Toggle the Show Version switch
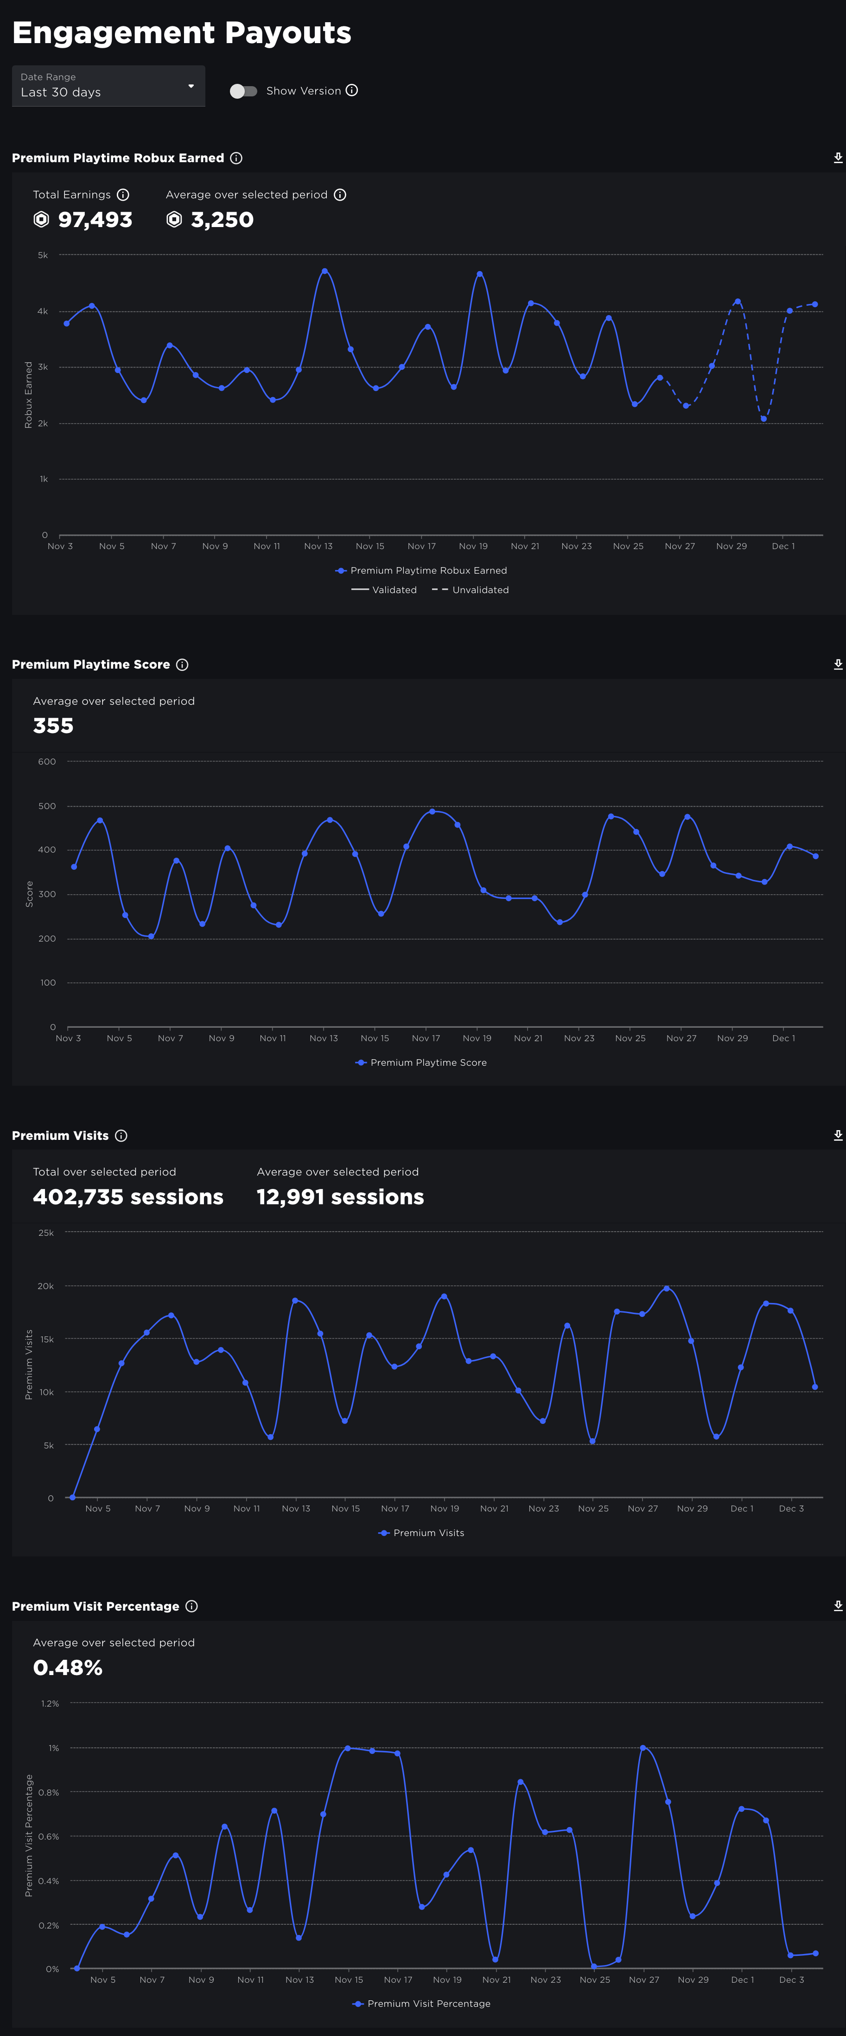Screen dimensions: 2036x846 pyautogui.click(x=243, y=91)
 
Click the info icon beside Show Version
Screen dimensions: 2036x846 pyautogui.click(x=352, y=90)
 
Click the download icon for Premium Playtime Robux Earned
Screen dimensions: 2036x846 pyautogui.click(x=837, y=158)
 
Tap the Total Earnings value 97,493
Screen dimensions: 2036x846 pyautogui.click(x=95, y=220)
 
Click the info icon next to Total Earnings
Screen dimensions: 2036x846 pyautogui.click(x=122, y=195)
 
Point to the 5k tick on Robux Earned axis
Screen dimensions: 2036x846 pyautogui.click(x=43, y=255)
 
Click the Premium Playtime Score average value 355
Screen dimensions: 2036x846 pyautogui.click(x=53, y=726)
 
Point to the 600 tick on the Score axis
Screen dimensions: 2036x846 pyautogui.click(x=47, y=762)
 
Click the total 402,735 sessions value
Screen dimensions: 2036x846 pyautogui.click(x=128, y=1196)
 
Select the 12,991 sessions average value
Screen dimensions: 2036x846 pyautogui.click(x=340, y=1196)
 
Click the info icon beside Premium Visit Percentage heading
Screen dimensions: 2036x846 pyautogui.click(x=191, y=1606)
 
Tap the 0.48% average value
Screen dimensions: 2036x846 pyautogui.click(x=68, y=1668)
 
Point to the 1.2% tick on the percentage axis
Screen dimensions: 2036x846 pyautogui.click(x=50, y=1703)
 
